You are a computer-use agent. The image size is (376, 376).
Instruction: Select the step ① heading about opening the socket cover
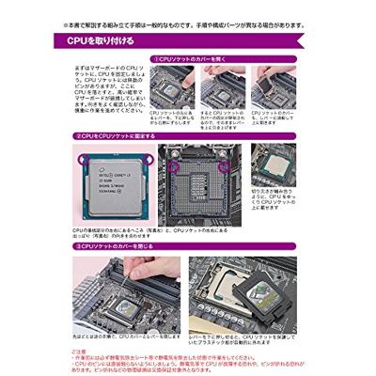tap(203, 59)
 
